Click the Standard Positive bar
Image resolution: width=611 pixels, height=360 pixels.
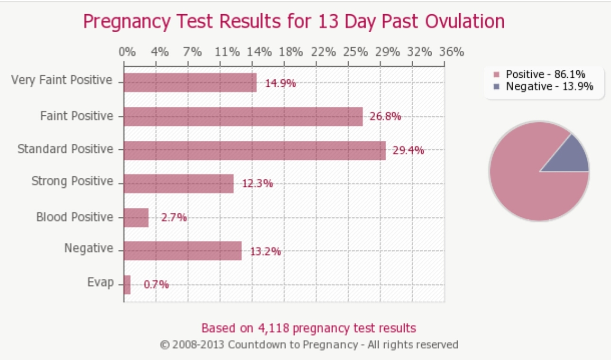click(x=255, y=150)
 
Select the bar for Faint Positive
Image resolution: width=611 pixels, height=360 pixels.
click(x=243, y=117)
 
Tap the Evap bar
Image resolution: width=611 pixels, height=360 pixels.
click(x=127, y=285)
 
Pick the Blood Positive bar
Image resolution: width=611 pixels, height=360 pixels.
click(x=136, y=218)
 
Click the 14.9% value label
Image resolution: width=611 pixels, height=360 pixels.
click(x=280, y=83)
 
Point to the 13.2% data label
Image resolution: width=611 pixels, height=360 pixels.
click(x=265, y=252)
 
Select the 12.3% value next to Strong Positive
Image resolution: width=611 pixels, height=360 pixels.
click(x=258, y=184)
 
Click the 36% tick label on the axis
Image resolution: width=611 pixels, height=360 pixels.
click(x=451, y=52)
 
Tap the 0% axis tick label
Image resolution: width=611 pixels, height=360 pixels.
click(x=127, y=52)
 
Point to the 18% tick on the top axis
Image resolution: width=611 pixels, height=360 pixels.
click(x=291, y=52)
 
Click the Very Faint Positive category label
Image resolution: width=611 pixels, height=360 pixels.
click(x=62, y=80)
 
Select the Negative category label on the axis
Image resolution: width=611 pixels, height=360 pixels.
click(x=89, y=248)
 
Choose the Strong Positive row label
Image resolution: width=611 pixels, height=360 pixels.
click(x=72, y=181)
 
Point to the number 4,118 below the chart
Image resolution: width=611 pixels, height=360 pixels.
click(x=274, y=328)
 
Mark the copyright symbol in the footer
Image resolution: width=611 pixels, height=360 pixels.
click(x=164, y=345)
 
